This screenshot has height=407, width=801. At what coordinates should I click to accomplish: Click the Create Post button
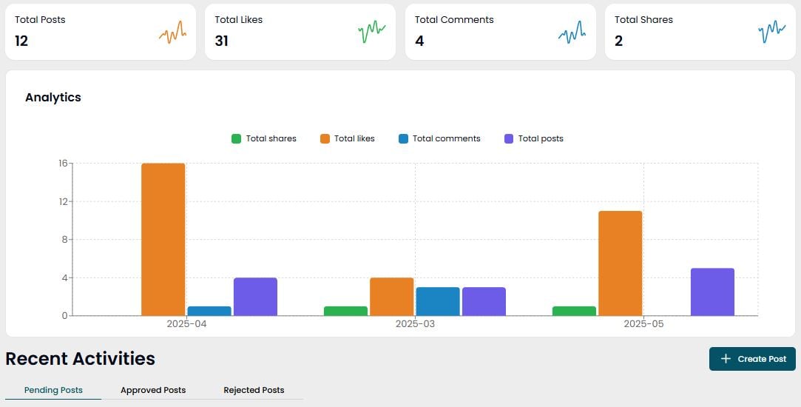[752, 359]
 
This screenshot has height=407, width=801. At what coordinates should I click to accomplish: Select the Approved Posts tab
[153, 390]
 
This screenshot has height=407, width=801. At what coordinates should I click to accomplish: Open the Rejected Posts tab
[254, 390]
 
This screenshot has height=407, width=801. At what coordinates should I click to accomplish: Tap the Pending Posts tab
[53, 390]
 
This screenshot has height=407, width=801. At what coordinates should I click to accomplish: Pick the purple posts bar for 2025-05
[712, 292]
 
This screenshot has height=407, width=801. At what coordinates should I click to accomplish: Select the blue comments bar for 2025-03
[437, 302]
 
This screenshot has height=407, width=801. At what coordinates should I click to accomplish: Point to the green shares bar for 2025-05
[574, 311]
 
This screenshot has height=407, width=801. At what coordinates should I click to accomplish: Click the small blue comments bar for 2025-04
[209, 311]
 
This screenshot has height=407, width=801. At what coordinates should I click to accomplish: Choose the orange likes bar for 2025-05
[620, 263]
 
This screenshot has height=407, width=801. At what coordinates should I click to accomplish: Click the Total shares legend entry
[264, 138]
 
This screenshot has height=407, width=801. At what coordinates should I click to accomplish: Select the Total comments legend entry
[439, 138]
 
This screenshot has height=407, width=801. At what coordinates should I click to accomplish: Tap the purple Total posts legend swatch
[509, 138]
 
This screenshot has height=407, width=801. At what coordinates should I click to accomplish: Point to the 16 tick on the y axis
[63, 164]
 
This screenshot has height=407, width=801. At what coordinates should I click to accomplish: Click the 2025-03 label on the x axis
[415, 324]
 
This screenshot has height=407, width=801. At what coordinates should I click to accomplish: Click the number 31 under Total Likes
[221, 41]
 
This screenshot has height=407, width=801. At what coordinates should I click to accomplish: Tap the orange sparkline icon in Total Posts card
[172, 33]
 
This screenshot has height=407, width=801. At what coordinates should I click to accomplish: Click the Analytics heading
[53, 97]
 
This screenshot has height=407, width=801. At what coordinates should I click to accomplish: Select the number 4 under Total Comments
[419, 41]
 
